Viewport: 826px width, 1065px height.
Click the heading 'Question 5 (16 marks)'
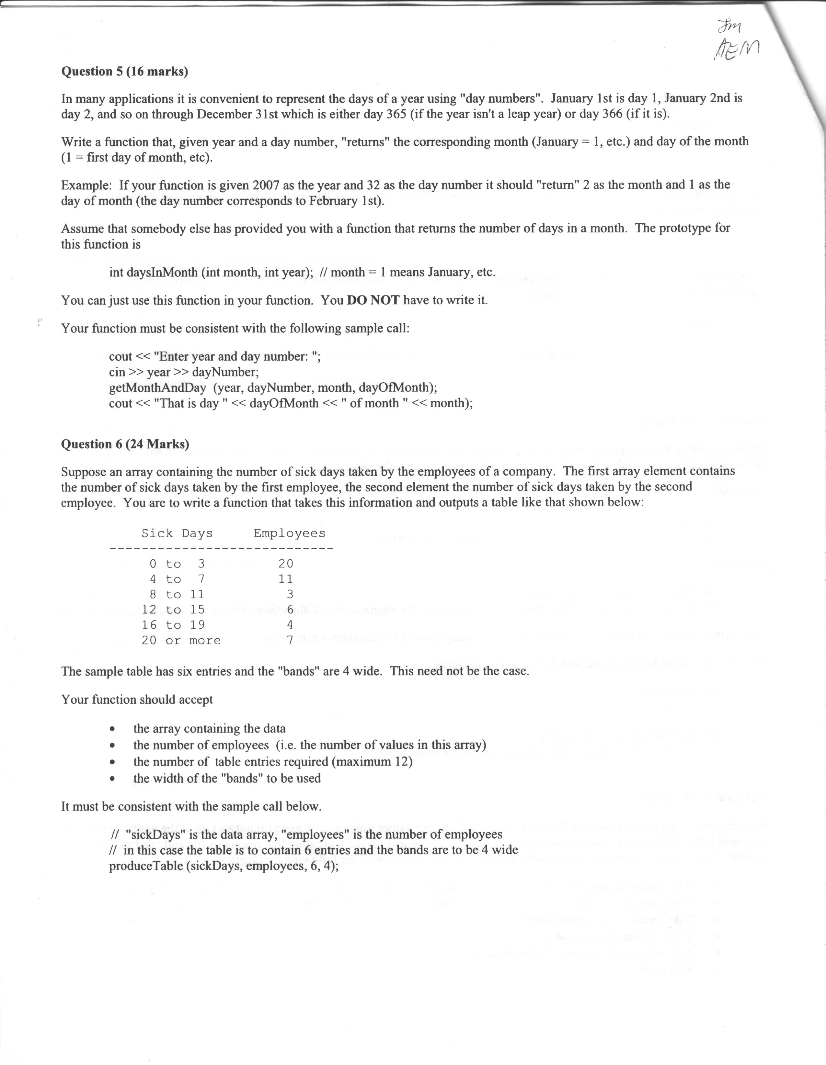click(x=124, y=72)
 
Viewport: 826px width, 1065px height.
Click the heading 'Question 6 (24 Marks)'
click(x=125, y=444)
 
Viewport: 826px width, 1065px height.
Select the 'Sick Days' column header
click(x=177, y=533)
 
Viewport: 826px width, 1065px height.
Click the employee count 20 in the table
click(x=286, y=564)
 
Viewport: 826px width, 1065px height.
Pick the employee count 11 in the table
click(x=286, y=579)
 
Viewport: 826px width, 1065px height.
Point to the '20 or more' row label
click(x=181, y=641)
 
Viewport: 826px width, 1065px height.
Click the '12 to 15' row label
click(x=173, y=610)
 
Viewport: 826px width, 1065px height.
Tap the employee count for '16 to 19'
click(x=290, y=625)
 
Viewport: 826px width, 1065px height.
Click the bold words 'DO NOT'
click(x=373, y=300)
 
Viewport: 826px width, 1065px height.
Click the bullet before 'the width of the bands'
click(x=113, y=779)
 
